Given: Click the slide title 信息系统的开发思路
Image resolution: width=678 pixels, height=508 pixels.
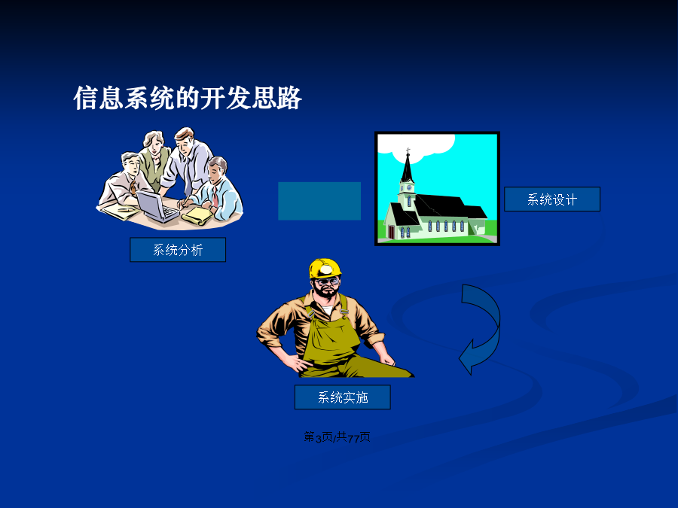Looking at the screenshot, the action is (188, 98).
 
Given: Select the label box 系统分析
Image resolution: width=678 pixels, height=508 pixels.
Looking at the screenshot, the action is (178, 250).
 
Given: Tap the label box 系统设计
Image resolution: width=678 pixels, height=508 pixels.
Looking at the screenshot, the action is (552, 199).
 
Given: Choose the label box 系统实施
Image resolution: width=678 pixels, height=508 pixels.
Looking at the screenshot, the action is (343, 397).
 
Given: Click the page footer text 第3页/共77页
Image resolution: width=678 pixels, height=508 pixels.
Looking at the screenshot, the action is (337, 437).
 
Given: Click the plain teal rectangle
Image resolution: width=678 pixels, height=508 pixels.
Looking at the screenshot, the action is (319, 201).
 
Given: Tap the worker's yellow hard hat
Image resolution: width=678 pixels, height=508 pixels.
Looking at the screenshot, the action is (325, 268).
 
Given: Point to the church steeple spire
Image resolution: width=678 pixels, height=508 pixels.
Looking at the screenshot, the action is (408, 166).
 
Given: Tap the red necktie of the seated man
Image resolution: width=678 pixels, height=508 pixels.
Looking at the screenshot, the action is (215, 197).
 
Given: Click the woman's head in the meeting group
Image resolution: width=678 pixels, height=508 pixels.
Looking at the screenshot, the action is (154, 142).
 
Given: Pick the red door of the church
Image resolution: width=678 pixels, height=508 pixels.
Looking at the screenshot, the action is (391, 232).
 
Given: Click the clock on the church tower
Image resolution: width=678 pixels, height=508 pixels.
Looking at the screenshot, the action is (408, 188).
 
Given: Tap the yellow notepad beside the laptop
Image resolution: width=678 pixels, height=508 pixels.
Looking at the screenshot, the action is (197, 215).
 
